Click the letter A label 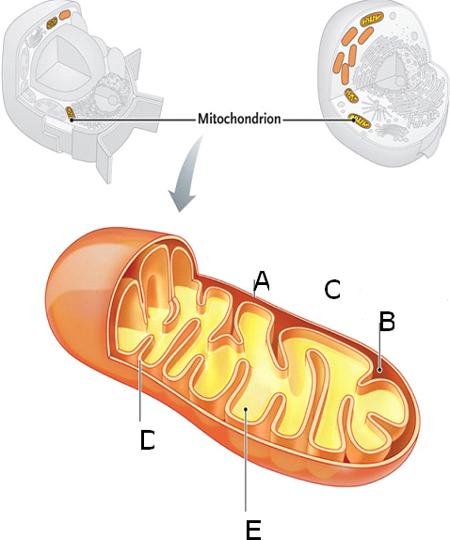[x=262, y=279]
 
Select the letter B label [x=386, y=322]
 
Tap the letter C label [x=331, y=290]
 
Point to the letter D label [x=147, y=439]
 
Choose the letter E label [x=252, y=531]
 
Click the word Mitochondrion [x=239, y=119]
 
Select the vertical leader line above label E [x=245, y=461]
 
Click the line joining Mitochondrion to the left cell [x=132, y=119]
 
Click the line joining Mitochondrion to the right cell [x=315, y=119]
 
